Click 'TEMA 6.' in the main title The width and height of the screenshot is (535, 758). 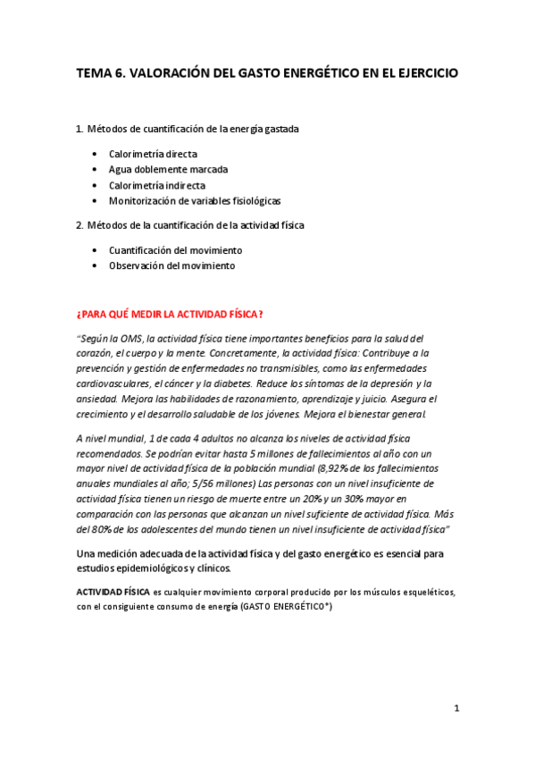point(100,73)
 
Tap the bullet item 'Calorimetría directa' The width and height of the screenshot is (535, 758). point(153,154)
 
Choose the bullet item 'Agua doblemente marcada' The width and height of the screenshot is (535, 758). point(168,170)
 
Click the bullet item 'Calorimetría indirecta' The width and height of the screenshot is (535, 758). point(156,185)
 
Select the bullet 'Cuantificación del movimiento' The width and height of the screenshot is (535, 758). point(175,250)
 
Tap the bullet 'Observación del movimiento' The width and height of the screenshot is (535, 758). point(171,265)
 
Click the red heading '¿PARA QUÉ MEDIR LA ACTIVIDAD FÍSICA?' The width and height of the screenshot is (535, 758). point(170,314)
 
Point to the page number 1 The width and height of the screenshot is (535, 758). point(456,708)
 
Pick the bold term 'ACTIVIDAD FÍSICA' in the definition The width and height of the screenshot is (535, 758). point(113,592)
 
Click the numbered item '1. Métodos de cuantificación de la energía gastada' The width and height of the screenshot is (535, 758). point(188,129)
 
